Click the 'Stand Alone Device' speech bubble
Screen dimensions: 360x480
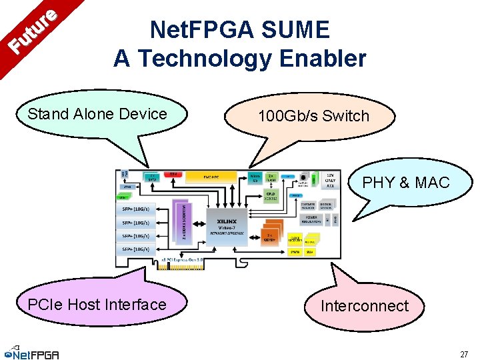tap(97, 114)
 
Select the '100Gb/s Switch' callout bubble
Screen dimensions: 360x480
tap(313, 116)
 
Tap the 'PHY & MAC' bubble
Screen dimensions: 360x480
tap(405, 182)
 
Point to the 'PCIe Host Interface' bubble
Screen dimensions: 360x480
tap(97, 305)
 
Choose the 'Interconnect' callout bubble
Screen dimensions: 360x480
tap(364, 306)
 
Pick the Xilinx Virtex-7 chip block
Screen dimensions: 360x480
tap(227, 219)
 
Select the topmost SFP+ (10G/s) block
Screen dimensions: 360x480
tap(136, 210)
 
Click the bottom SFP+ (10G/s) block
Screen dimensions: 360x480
tap(136, 249)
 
